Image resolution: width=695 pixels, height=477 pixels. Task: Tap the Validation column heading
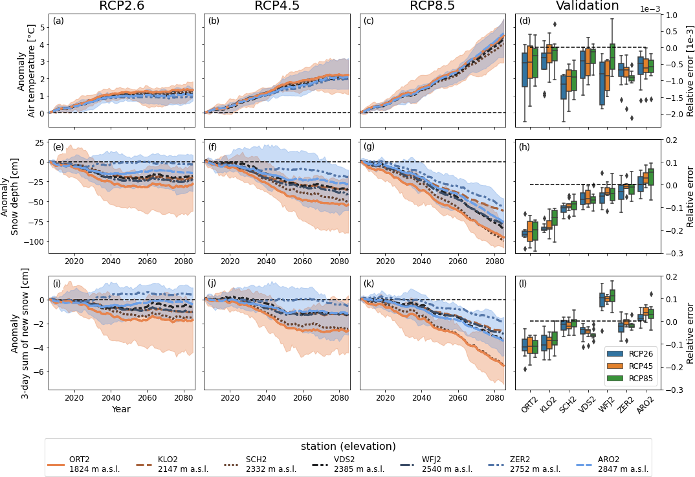pyautogui.click(x=587, y=6)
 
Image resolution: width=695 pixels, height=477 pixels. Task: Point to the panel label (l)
pyautogui.click(x=525, y=283)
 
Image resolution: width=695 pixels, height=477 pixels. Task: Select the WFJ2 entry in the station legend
pyautogui.click(x=441, y=464)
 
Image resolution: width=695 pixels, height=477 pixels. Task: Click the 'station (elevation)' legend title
pyautogui.click(x=348, y=447)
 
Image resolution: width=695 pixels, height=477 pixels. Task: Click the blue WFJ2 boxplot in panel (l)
pyautogui.click(x=602, y=300)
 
